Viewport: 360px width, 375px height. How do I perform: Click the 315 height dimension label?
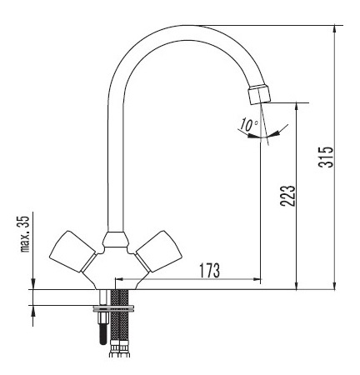(x=326, y=157)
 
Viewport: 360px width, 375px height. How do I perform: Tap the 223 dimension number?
(x=287, y=196)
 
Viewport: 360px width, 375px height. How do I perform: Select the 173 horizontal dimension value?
(x=210, y=270)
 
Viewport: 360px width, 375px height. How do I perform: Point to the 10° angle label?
(x=248, y=125)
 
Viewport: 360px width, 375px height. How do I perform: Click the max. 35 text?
(x=25, y=234)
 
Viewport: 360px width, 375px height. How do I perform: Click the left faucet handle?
(x=72, y=251)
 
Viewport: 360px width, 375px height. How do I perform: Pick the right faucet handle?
(x=159, y=251)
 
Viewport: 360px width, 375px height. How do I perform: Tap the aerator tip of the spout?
(x=259, y=94)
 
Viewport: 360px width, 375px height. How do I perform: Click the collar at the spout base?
(x=116, y=240)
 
